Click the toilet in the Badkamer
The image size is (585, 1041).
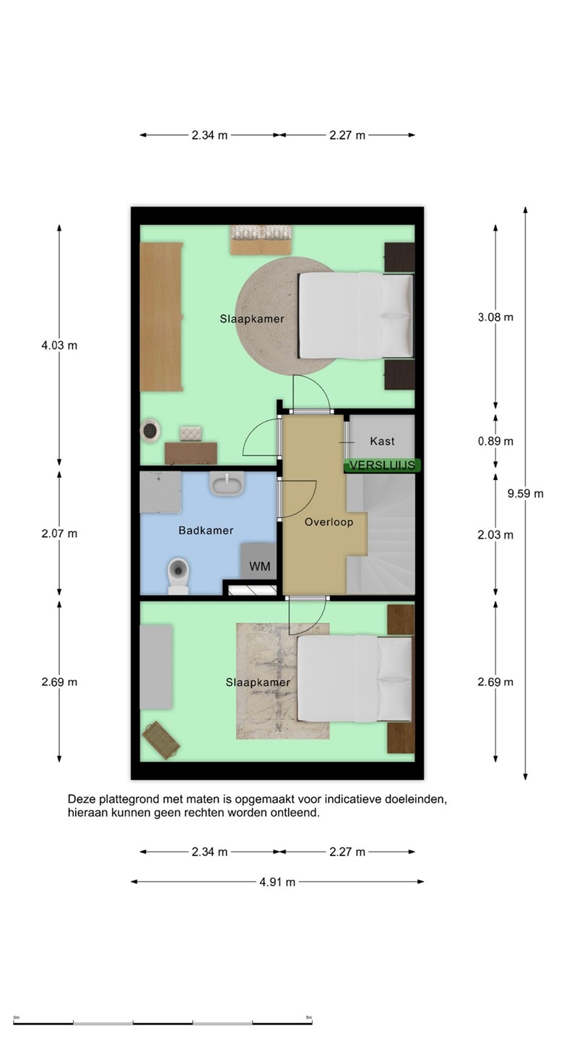178,575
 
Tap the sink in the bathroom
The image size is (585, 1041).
227,484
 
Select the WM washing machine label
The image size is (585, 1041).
259,566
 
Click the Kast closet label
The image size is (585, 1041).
382,441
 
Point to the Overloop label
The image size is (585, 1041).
329,522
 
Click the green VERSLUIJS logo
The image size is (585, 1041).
382,466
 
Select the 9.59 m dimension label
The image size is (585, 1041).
525,494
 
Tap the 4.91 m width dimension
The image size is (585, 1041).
277,882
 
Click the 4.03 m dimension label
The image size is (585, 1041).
59,346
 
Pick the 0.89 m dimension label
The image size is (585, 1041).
495,441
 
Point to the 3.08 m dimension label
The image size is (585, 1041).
495,317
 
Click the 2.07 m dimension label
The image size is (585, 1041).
59,534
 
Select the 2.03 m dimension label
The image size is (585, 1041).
495,535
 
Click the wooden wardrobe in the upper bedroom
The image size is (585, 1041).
161,317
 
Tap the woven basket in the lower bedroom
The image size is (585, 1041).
161,740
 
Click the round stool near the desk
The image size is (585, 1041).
151,431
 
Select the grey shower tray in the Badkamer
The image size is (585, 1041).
160,492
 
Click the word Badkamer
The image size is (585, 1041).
206,531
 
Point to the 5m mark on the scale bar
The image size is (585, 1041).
309,1017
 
